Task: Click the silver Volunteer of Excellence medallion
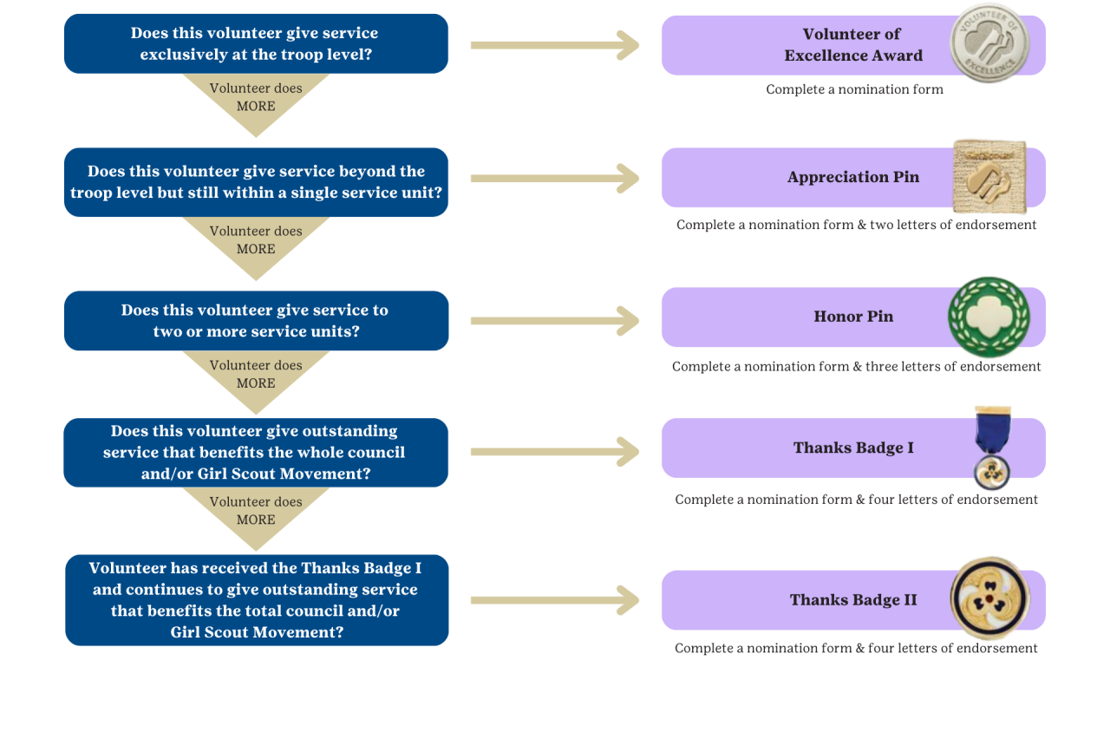pyautogui.click(x=989, y=43)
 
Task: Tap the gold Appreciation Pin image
pyautogui.click(x=989, y=176)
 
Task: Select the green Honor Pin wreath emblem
pyautogui.click(x=989, y=317)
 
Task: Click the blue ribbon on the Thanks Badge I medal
pyautogui.click(x=993, y=430)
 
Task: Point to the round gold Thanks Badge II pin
pyautogui.click(x=989, y=598)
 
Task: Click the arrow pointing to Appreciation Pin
pyautogui.click(x=555, y=179)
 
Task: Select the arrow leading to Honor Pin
pyautogui.click(x=555, y=321)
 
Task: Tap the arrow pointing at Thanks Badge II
pyautogui.click(x=555, y=600)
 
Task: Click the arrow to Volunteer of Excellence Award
pyautogui.click(x=555, y=45)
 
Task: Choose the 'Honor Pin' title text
pyautogui.click(x=853, y=317)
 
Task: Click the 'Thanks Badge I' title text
pyautogui.click(x=853, y=448)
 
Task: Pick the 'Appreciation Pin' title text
pyautogui.click(x=853, y=177)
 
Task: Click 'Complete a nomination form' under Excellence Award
pyautogui.click(x=854, y=89)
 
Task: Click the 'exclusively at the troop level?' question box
pyautogui.click(x=256, y=43)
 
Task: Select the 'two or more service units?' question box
pyautogui.click(x=256, y=321)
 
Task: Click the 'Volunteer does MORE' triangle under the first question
pyautogui.click(x=256, y=99)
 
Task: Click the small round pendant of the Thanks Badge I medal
pyautogui.click(x=991, y=473)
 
